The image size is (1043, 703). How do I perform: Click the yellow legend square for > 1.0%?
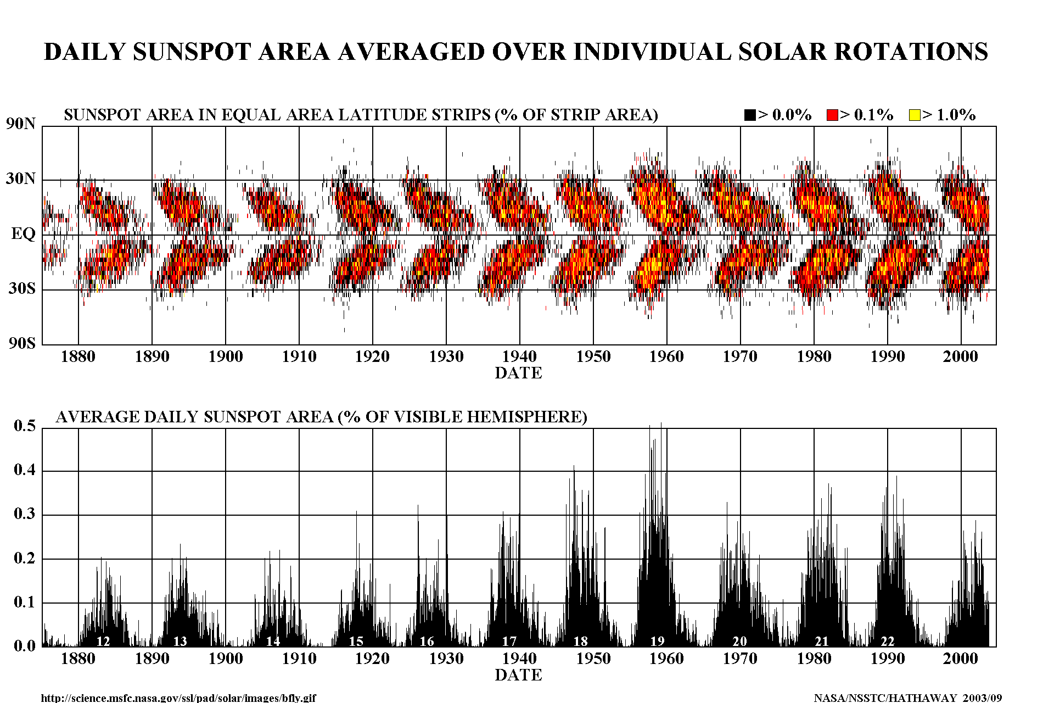click(914, 115)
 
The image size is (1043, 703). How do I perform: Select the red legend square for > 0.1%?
click(832, 115)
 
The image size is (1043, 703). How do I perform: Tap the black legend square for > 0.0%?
click(750, 115)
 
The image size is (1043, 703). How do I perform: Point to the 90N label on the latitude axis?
click(21, 124)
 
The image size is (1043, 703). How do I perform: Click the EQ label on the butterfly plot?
click(23, 234)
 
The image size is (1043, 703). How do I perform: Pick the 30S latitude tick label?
click(21, 288)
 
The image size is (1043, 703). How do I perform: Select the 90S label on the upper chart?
click(21, 343)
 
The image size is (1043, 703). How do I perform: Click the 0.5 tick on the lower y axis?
click(24, 426)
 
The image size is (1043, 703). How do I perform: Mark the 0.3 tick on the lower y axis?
click(24, 514)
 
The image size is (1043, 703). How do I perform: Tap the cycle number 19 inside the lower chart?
click(657, 641)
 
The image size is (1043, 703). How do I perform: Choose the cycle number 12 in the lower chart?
click(103, 641)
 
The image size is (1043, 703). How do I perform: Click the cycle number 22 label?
click(887, 641)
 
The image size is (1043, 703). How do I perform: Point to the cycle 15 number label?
click(356, 641)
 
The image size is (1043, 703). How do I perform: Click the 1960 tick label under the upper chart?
click(666, 356)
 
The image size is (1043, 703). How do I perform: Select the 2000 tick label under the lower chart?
click(960, 659)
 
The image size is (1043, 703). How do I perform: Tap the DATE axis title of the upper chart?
click(518, 373)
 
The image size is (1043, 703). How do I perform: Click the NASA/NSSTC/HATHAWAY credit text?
click(907, 698)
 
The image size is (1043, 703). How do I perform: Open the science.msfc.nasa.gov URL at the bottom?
click(178, 698)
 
